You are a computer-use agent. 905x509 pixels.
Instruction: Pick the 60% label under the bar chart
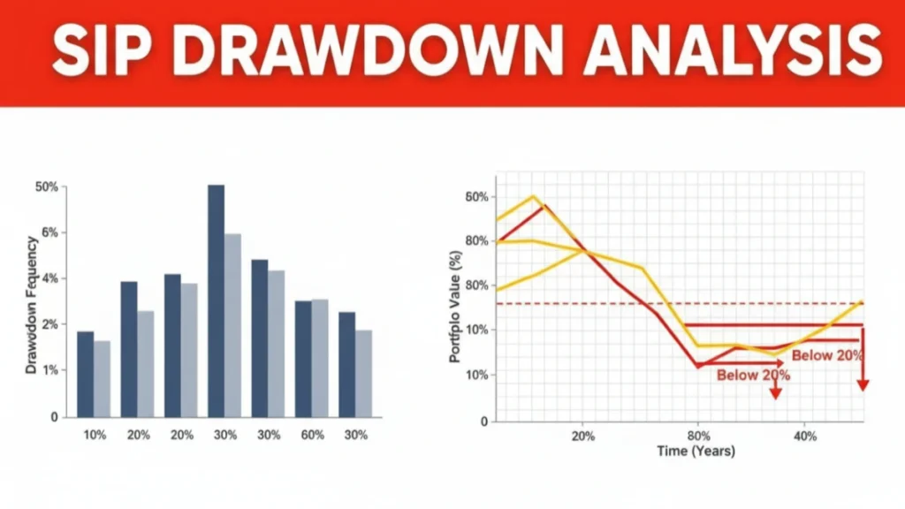point(311,435)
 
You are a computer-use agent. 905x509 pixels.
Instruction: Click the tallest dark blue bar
point(216,300)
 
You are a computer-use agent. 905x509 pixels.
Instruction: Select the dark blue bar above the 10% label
point(85,374)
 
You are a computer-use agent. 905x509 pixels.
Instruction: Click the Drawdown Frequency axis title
point(31,304)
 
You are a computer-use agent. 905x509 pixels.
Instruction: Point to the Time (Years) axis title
point(696,451)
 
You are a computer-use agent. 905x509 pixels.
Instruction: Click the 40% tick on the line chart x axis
point(805,436)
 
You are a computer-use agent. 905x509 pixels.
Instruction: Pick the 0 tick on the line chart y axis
point(483,421)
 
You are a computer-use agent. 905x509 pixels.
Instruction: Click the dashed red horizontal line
point(619,304)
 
